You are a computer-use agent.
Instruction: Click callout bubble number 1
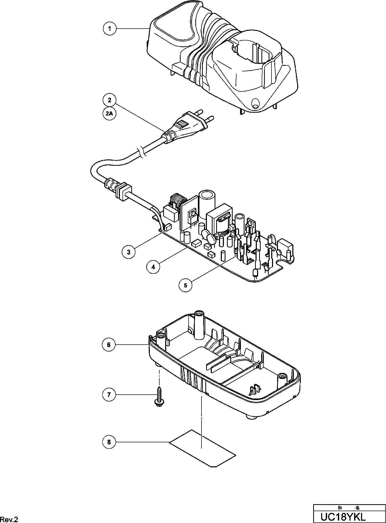click(x=110, y=28)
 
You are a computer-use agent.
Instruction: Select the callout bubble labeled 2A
click(x=110, y=113)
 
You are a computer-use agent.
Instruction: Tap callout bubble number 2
click(x=110, y=100)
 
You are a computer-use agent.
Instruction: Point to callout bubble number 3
click(x=128, y=252)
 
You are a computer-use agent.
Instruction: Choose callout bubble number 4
click(x=153, y=267)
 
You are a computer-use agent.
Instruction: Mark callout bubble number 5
click(x=186, y=285)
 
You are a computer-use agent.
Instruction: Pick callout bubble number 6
click(x=109, y=345)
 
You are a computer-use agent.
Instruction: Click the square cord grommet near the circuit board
click(x=123, y=191)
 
